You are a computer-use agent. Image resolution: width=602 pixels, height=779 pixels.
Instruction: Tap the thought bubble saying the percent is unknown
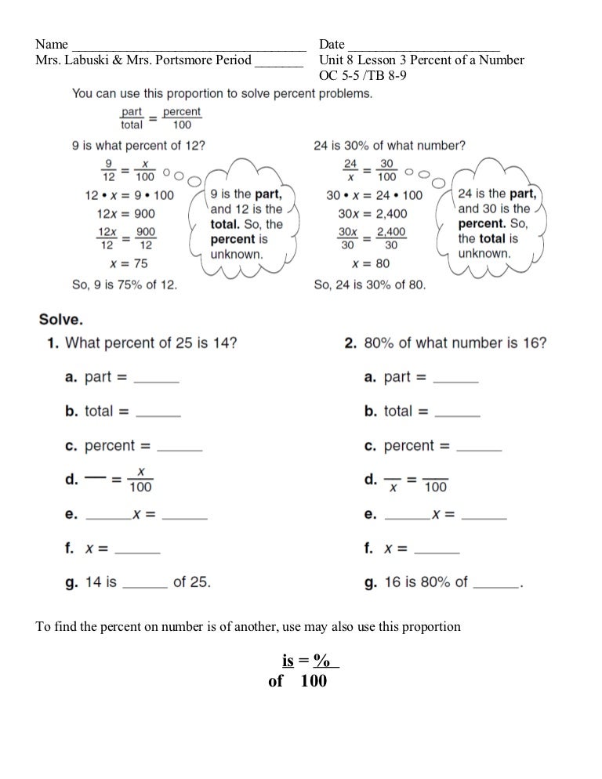point(245,223)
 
